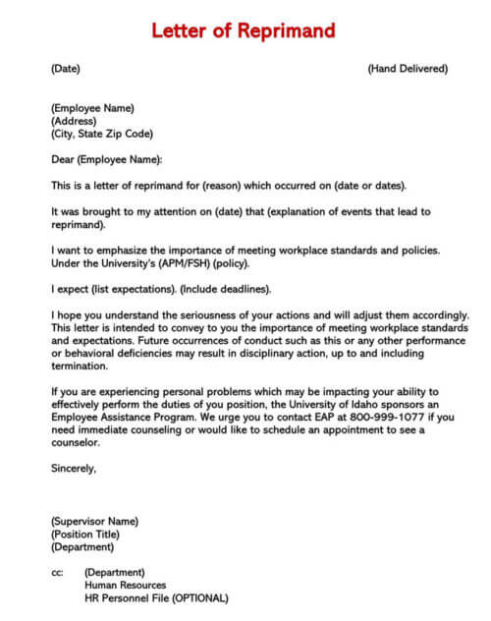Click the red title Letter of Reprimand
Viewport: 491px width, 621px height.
tap(244, 30)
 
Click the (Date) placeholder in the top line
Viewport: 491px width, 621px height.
tap(65, 69)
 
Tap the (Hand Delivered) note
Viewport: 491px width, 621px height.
tap(407, 69)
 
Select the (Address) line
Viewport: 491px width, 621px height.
tap(74, 121)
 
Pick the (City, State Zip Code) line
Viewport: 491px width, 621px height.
tap(102, 134)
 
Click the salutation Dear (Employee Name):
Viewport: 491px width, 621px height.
tap(107, 159)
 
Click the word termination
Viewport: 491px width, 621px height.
tap(79, 366)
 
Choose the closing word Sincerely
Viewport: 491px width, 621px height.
tap(74, 468)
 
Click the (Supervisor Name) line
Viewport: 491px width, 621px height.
tap(94, 521)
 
